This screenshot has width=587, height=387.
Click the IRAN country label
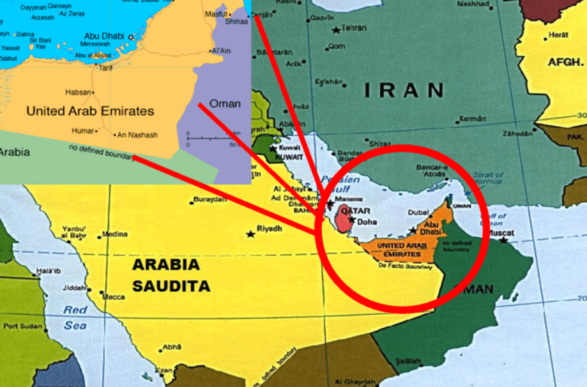pyautogui.click(x=404, y=90)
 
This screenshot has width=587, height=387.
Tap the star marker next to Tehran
pyautogui.click(x=336, y=29)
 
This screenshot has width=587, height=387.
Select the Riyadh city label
pyautogui.click(x=268, y=228)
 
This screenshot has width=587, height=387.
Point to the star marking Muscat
pyautogui.click(x=505, y=241)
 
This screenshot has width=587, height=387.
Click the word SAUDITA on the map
pyautogui.click(x=171, y=285)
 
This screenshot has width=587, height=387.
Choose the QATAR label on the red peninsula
pyautogui.click(x=356, y=210)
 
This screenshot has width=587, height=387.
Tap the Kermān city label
pyautogui.click(x=473, y=119)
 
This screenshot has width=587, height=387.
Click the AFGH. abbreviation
pyautogui.click(x=566, y=63)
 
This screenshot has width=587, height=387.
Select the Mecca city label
pyautogui.click(x=114, y=297)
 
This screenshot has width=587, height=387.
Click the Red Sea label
pyautogui.click(x=75, y=317)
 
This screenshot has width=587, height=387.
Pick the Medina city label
pyautogui.click(x=114, y=234)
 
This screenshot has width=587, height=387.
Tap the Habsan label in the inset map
pyautogui.click(x=78, y=92)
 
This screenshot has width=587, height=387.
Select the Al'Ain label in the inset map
pyautogui.click(x=221, y=50)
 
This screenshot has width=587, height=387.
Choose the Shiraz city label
pyautogui.click(x=380, y=144)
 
